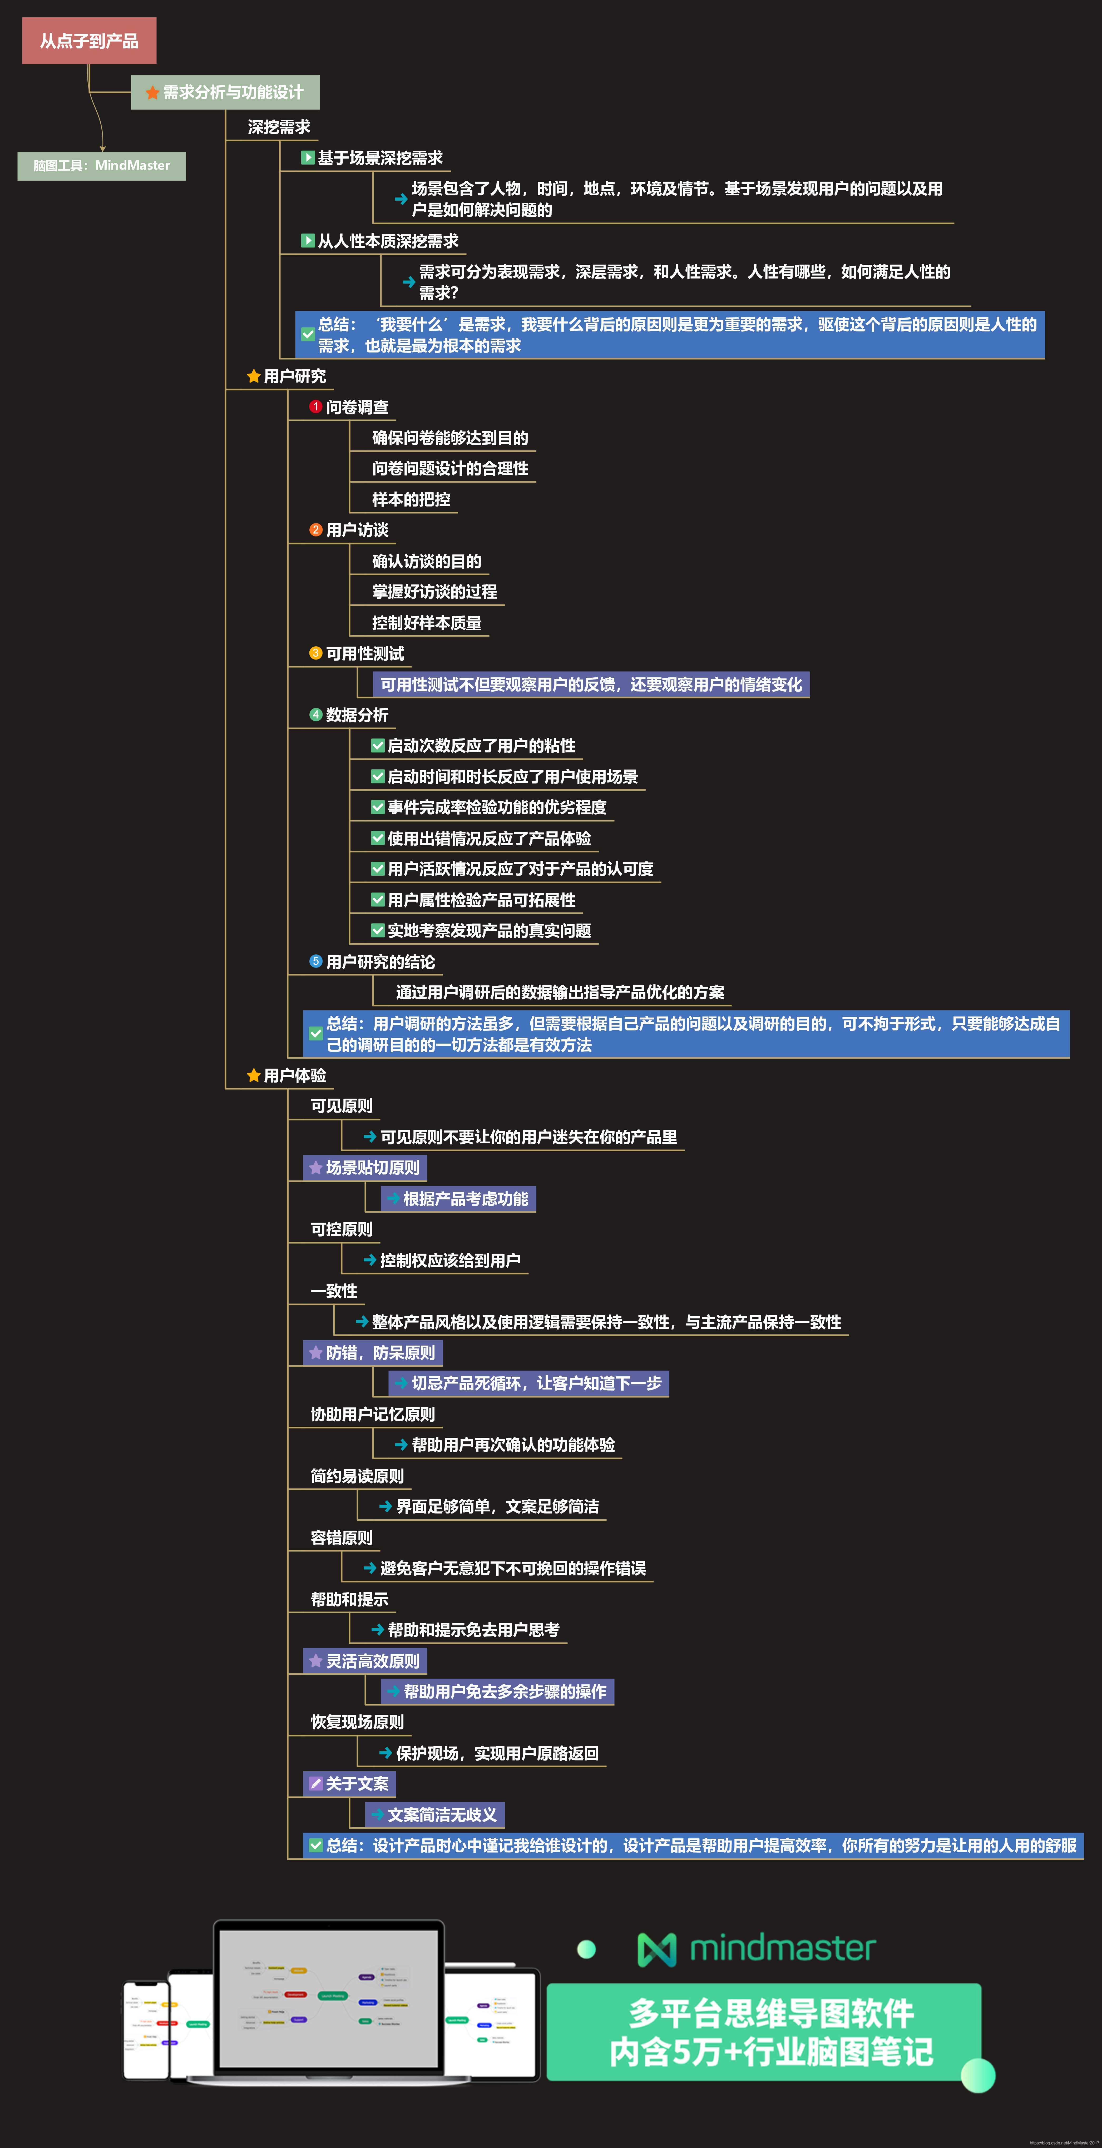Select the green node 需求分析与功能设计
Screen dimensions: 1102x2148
225,93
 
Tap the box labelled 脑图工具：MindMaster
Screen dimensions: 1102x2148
102,165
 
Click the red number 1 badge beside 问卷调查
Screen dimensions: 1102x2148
315,407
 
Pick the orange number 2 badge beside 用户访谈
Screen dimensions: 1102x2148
315,529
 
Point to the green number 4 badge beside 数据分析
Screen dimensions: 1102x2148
315,715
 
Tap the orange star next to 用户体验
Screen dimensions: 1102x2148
254,1076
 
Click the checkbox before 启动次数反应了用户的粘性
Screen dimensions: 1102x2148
378,746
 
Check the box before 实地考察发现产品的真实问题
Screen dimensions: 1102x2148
378,931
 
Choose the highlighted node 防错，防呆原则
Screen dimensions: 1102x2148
373,1352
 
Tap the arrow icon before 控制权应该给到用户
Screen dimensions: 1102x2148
369,1260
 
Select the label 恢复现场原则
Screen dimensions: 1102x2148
357,1722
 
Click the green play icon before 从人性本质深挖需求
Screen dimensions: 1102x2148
308,241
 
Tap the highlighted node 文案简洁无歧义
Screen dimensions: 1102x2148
435,1814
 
